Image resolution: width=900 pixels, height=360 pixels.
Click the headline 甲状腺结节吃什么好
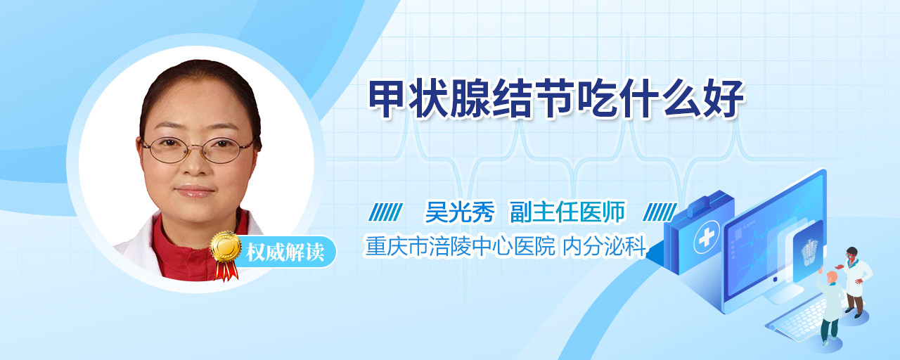point(556,99)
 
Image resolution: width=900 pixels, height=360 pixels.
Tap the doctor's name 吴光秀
point(460,212)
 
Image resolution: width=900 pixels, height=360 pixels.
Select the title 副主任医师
point(567,212)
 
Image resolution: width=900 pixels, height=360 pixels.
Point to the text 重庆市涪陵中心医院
point(461,246)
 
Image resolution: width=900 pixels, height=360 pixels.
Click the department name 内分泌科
point(604,246)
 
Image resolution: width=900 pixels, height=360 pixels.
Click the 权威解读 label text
point(285,252)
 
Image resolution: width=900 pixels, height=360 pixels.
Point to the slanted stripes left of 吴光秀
point(385,212)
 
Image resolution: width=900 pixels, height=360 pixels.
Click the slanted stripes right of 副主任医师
point(660,212)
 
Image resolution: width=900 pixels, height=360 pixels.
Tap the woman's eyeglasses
point(198,150)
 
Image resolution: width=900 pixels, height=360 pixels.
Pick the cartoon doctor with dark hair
point(854,281)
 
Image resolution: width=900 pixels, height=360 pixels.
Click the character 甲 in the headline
point(387,99)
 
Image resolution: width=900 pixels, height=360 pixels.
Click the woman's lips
point(195,191)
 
